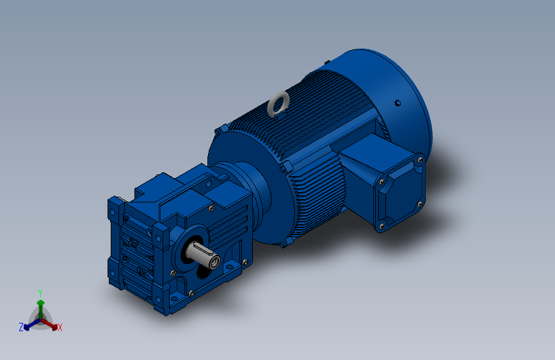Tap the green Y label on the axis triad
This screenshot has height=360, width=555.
pos(40,293)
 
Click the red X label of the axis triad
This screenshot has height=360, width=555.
pos(60,327)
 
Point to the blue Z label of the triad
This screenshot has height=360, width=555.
pos(21,327)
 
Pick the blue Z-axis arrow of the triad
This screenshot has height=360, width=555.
pos(32,324)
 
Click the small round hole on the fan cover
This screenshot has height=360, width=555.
pos(398,103)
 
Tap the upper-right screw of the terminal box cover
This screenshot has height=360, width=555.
pos(420,160)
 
